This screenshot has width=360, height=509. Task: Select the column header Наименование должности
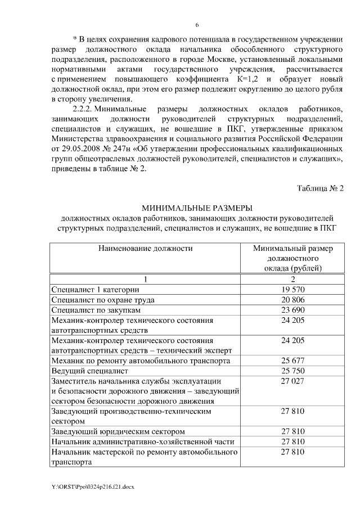click(x=145, y=247)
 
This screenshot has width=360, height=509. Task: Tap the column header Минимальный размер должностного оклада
click(x=292, y=258)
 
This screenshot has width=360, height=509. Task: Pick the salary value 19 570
click(x=292, y=290)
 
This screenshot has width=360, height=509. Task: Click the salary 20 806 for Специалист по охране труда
click(x=292, y=300)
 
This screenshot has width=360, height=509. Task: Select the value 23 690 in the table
click(x=292, y=310)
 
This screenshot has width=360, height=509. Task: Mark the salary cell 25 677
click(x=292, y=361)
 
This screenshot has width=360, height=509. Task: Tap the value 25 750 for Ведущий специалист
click(x=292, y=371)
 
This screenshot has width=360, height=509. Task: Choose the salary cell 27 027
click(x=292, y=381)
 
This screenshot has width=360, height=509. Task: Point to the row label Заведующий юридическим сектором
click(x=116, y=431)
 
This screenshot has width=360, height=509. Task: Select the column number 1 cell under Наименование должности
click(x=145, y=279)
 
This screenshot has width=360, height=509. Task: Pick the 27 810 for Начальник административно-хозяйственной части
click(x=292, y=442)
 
